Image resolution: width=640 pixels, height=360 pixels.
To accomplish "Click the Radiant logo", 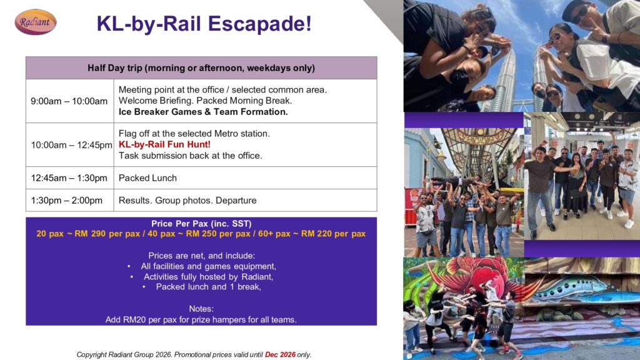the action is [x=36, y=22].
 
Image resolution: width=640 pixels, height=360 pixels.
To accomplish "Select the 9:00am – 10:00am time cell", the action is [x=70, y=101].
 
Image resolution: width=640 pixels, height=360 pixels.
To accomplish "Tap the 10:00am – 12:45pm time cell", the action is [x=70, y=145].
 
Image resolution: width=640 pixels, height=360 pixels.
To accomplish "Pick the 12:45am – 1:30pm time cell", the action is [x=70, y=178].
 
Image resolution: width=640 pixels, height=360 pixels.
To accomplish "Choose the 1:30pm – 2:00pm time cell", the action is [x=70, y=201].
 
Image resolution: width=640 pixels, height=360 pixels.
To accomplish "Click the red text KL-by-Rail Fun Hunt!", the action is [x=164, y=144].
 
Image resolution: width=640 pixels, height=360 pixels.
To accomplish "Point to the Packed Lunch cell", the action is [x=245, y=178].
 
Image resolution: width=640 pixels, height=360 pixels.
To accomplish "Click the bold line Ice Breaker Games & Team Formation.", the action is [x=203, y=112].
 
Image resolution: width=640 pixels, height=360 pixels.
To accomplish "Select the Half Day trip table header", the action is [x=201, y=67].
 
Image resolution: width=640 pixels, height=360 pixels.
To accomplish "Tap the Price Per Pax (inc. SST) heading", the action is [x=201, y=224].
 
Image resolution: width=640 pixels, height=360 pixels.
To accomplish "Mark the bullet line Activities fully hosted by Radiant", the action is [x=208, y=277].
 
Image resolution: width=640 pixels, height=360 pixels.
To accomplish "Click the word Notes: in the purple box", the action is [x=201, y=309].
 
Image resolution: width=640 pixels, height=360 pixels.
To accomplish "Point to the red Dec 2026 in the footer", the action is [x=280, y=355].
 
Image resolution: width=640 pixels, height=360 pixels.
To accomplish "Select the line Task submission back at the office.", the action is [x=190, y=156].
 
